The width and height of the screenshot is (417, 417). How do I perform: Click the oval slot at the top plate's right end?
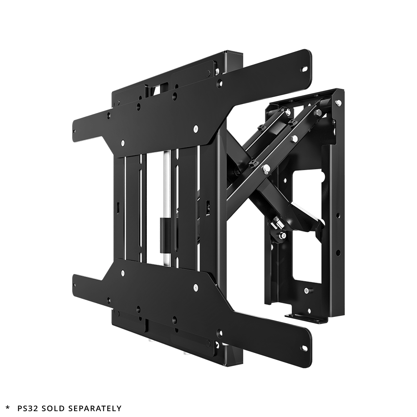pos(305,68)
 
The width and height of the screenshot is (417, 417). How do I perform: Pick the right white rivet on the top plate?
pos(195,130)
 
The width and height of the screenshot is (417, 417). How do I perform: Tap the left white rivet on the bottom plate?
pos(123,274)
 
